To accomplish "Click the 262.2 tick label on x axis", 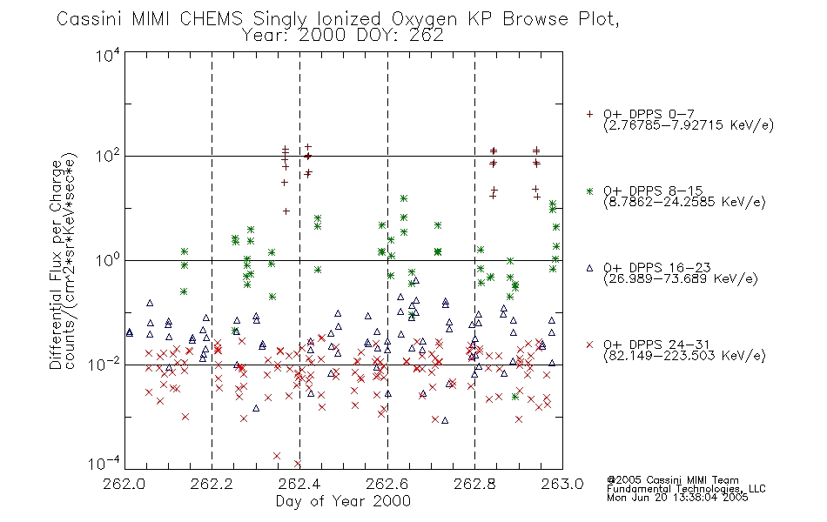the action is [x=212, y=484].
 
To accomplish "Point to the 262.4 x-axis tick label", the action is [x=299, y=484].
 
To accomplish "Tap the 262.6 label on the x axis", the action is [x=387, y=484].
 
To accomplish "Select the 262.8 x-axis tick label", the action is [x=474, y=484].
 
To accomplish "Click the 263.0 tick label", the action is [x=562, y=484].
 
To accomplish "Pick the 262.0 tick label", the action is [x=124, y=484].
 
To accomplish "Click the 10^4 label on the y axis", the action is [x=108, y=55].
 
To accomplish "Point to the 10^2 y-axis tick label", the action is [x=108, y=157].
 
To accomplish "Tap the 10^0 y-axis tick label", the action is [x=108, y=261].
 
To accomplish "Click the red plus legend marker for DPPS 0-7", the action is [x=589, y=114].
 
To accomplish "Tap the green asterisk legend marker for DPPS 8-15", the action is [x=589, y=191].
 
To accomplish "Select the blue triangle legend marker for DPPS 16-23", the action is [x=589, y=268].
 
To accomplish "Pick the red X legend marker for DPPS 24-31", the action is [x=589, y=345].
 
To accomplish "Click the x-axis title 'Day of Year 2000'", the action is [x=343, y=501].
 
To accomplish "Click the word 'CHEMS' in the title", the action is [x=211, y=18].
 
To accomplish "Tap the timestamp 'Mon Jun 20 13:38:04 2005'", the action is [x=677, y=498].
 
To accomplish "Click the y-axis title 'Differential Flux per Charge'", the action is [x=56, y=262].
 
